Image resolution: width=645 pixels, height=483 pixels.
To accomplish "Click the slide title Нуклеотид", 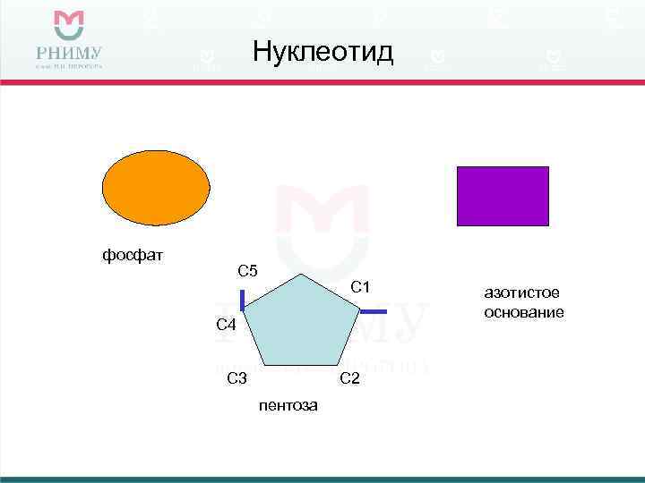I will coord(322,52).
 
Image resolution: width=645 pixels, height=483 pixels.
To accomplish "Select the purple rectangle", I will coord(503,195).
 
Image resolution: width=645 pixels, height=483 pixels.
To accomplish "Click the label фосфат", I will coord(132,256).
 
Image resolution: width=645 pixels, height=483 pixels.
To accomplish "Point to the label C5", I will coord(247,271).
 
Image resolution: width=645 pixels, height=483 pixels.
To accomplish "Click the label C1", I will coord(361,287).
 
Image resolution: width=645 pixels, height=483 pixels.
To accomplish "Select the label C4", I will coord(227,325).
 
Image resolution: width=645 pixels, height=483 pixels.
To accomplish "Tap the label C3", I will coord(236,378).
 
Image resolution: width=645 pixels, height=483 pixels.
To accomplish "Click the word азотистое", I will coord(521,292).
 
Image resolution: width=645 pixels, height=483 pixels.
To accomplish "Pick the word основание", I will coord(523,312).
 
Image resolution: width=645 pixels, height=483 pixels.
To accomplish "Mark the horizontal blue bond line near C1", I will coord(374,311).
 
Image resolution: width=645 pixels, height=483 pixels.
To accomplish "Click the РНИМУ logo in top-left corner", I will coord(69,41).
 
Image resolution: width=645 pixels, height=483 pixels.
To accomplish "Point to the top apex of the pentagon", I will coord(304,275).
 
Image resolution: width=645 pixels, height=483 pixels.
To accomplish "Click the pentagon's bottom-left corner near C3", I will coord(262,365).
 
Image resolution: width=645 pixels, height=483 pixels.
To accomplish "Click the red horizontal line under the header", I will coord(322,81).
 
